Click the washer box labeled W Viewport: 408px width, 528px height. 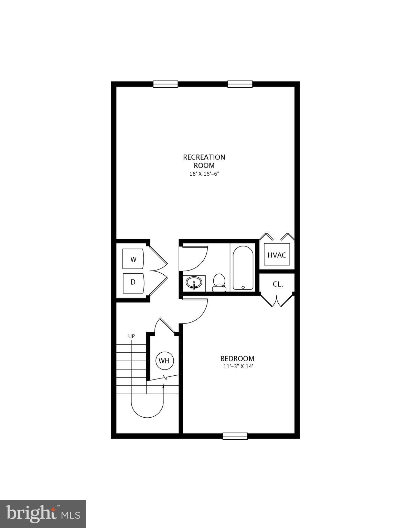pyautogui.click(x=133, y=259)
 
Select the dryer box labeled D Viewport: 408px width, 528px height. pyautogui.click(x=133, y=282)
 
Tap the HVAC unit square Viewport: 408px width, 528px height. pyautogui.click(x=277, y=255)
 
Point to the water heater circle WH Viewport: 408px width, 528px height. pyautogui.click(x=164, y=361)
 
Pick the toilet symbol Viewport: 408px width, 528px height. pyautogui.click(x=219, y=283)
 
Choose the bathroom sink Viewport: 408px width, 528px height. pyautogui.click(x=194, y=283)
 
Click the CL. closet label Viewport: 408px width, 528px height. pyautogui.click(x=278, y=284)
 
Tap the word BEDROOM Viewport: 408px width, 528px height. pyautogui.click(x=237, y=359)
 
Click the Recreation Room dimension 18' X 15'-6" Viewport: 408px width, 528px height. pyautogui.click(x=204, y=174)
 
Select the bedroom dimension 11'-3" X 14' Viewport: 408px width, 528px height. pyautogui.click(x=238, y=366)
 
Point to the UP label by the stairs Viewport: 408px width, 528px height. pyautogui.click(x=131, y=336)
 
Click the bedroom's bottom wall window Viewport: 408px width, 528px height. pyautogui.click(x=235, y=436)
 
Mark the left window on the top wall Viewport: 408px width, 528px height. pyautogui.click(x=165, y=84)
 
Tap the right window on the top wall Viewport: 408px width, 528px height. pyautogui.click(x=240, y=84)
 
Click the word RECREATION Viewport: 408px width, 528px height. pyautogui.click(x=204, y=157)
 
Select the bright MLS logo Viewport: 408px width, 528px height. pyautogui.click(x=43, y=514)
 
